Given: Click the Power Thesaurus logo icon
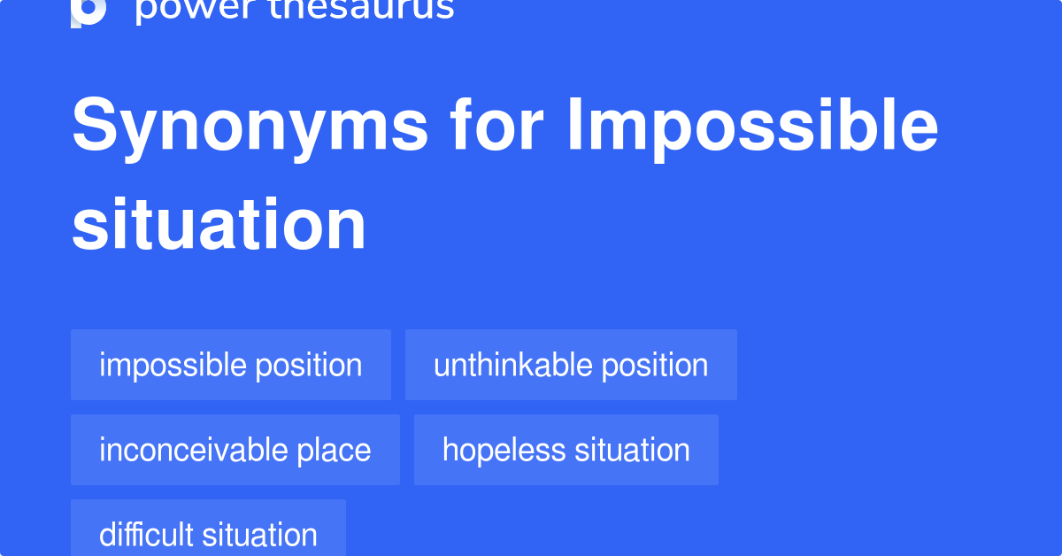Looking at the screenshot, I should pyautogui.click(x=88, y=10).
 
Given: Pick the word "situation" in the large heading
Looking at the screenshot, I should pyautogui.click(x=219, y=225).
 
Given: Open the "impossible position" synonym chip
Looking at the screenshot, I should pyautogui.click(x=230, y=365).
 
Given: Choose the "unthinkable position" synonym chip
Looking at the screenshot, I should pyautogui.click(x=571, y=365).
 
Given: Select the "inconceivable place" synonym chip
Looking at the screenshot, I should pyautogui.click(x=235, y=450).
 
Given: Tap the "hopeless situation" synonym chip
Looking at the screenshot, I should pyautogui.click(x=566, y=450).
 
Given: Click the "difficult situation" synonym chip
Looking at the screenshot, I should pyautogui.click(x=208, y=534).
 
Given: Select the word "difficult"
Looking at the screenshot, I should pyautogui.click(x=147, y=534).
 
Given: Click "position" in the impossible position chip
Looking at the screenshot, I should pyautogui.click(x=310, y=365).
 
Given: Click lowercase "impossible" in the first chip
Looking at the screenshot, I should pyautogui.click(x=173, y=365).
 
